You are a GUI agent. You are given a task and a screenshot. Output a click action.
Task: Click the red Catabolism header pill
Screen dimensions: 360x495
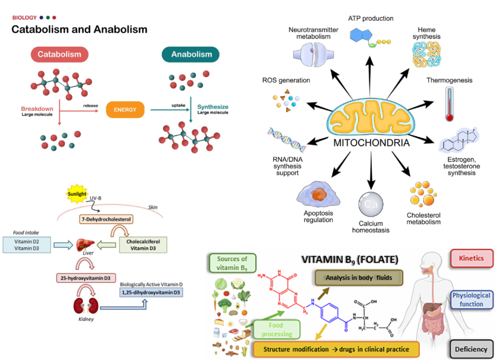(x=59, y=54)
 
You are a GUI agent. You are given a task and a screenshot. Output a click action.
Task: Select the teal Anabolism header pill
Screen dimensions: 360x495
(x=190, y=54)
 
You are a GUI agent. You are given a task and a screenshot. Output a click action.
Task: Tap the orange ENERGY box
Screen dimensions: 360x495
(x=125, y=110)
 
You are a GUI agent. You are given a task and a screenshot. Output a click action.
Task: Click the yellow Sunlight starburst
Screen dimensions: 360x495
(x=76, y=194)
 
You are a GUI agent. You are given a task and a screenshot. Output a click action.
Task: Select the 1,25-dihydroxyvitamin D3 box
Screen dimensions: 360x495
(x=151, y=292)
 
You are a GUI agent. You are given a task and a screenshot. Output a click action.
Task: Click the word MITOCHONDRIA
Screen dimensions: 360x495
(x=371, y=143)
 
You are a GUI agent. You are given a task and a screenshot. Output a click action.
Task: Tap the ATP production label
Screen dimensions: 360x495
(x=371, y=18)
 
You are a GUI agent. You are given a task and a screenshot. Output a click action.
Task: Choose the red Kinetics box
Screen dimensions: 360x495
(x=471, y=258)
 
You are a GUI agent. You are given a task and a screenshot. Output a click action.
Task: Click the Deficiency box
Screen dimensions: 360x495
(x=471, y=349)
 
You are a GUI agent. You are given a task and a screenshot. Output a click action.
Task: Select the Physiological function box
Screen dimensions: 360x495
(x=471, y=300)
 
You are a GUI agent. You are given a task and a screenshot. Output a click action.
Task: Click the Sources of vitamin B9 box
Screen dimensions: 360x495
(x=232, y=264)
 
